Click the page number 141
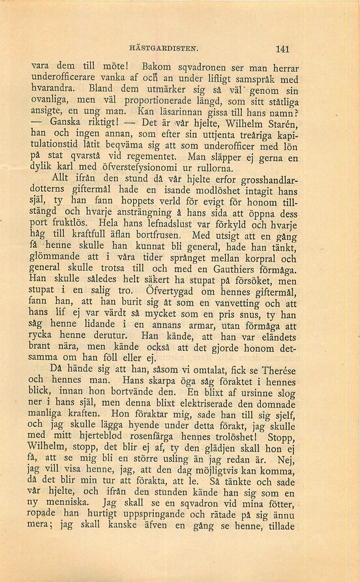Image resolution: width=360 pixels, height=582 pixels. point(282,48)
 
